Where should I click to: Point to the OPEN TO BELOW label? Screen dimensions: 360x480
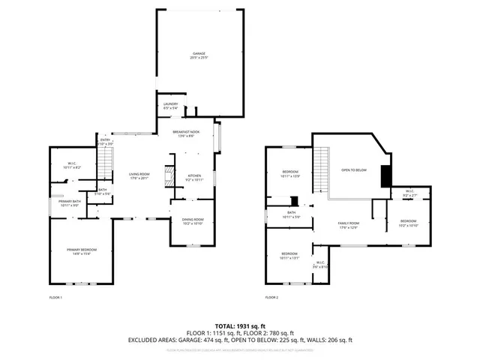click(x=354, y=170)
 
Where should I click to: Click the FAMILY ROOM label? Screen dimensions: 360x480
click(x=349, y=225)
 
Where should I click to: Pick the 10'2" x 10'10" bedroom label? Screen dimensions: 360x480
click(x=408, y=223)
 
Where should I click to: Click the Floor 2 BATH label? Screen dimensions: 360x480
click(x=292, y=214)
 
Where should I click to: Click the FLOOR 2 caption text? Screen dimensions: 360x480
click(x=271, y=298)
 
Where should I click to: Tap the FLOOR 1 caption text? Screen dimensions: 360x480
click(x=55, y=298)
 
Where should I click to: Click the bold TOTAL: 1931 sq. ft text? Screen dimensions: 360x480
click(x=240, y=327)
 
